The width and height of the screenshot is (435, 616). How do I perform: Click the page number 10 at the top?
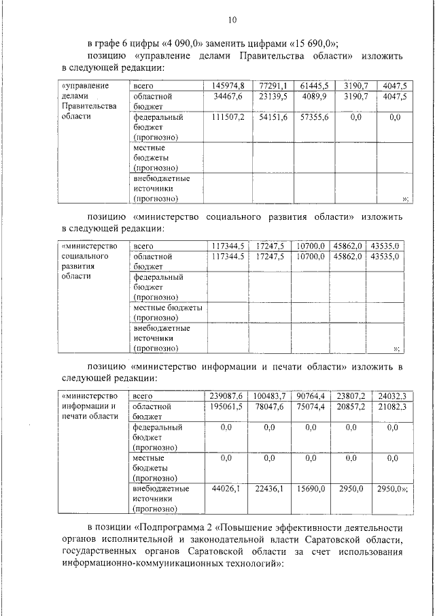[x=232, y=19]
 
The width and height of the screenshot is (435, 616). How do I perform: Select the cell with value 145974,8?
[x=228, y=86]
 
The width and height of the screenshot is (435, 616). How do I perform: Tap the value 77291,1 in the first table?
[x=273, y=86]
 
